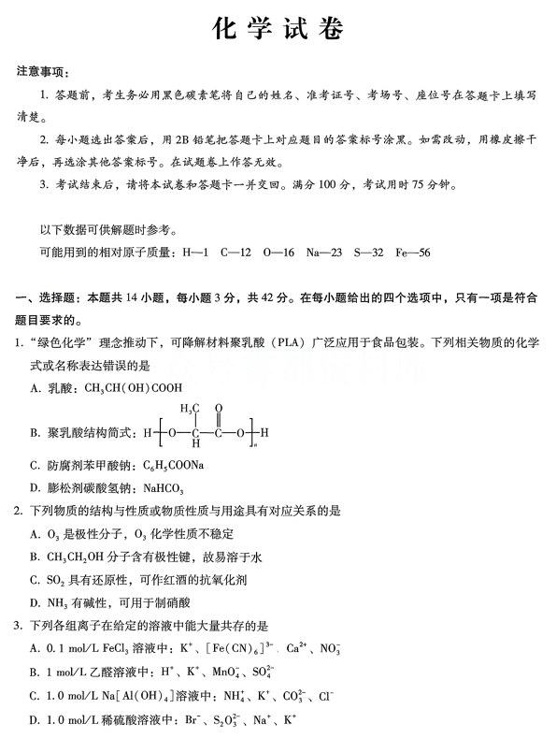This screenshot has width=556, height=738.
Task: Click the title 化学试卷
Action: coord(278,29)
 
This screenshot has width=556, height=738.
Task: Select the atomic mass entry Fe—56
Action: coord(410,253)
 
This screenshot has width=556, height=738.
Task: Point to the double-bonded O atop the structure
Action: coord(218,408)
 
